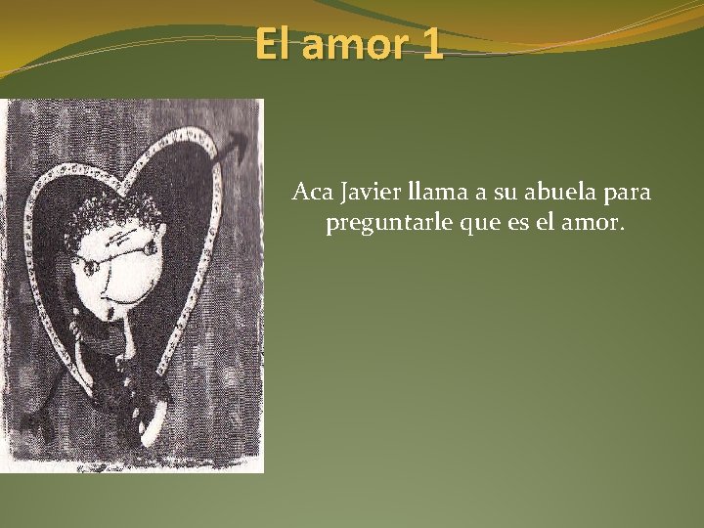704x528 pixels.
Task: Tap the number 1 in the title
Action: tap(431, 44)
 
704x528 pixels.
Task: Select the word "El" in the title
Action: tap(274, 44)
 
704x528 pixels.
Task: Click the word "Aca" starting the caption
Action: tap(310, 193)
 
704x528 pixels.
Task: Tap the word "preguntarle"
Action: tap(382, 225)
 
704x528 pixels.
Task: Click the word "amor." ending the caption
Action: tap(593, 224)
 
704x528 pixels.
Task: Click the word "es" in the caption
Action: tap(514, 225)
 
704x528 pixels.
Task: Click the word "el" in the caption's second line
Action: tap(545, 224)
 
